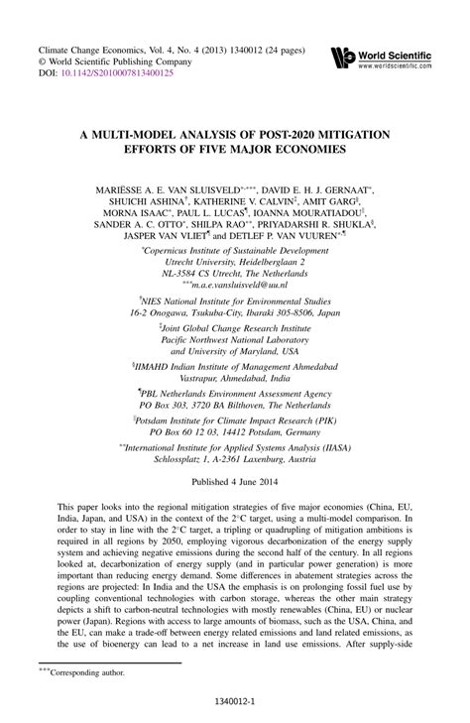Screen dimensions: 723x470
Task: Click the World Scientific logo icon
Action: [339, 56]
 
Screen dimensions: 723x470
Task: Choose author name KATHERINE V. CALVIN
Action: [233, 201]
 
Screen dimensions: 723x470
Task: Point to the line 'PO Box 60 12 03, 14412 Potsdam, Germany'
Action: [235, 433]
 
